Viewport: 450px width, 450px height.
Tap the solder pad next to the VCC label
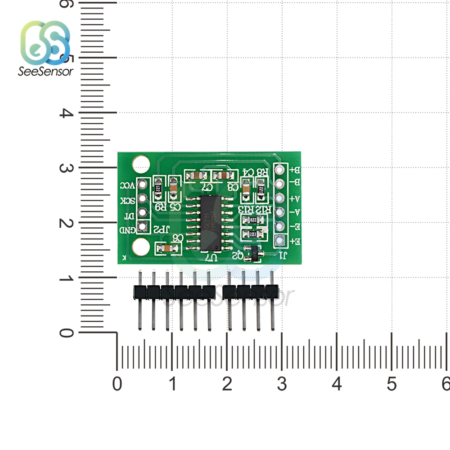tap(143, 184)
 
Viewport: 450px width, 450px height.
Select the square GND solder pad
tap(143, 227)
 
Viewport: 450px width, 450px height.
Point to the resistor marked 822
tap(252, 220)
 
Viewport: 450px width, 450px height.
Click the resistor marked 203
tap(252, 234)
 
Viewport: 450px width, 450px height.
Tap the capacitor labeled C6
tap(165, 247)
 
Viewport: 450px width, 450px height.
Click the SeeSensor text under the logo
tap(45, 71)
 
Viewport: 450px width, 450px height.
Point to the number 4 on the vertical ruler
tap(67, 113)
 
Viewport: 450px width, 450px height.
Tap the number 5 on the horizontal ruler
tap(391, 384)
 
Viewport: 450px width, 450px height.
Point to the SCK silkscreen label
tap(126, 200)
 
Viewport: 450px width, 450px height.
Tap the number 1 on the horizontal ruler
tap(172, 384)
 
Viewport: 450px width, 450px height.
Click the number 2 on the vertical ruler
tap(67, 223)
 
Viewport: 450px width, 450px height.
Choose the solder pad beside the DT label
tap(143, 212)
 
